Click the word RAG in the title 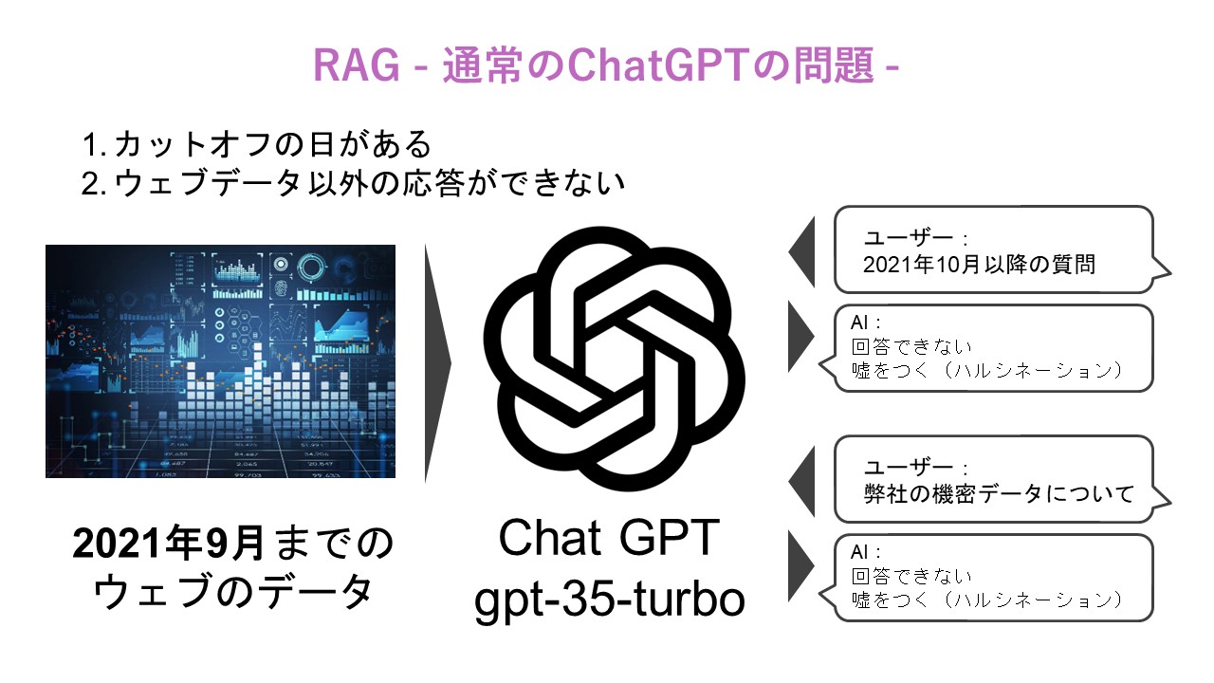tap(356, 65)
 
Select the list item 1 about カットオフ tap(256, 144)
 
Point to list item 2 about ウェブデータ tap(353, 183)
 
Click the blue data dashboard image tap(220, 361)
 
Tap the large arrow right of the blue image tap(438, 363)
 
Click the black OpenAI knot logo tap(613, 359)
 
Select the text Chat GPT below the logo tap(609, 538)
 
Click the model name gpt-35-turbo tap(610, 600)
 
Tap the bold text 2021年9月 tap(168, 544)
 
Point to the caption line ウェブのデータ tap(233, 592)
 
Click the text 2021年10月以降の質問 tap(979, 265)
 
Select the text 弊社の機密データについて tap(999, 494)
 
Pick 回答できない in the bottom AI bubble tap(911, 576)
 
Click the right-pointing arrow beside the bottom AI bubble tap(801, 566)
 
